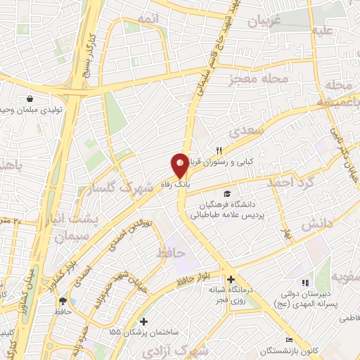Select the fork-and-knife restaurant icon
[x=219, y=150]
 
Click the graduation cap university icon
[x=226, y=193]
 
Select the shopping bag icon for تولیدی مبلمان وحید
[x=29, y=99]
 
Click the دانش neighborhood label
[x=316, y=226]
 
